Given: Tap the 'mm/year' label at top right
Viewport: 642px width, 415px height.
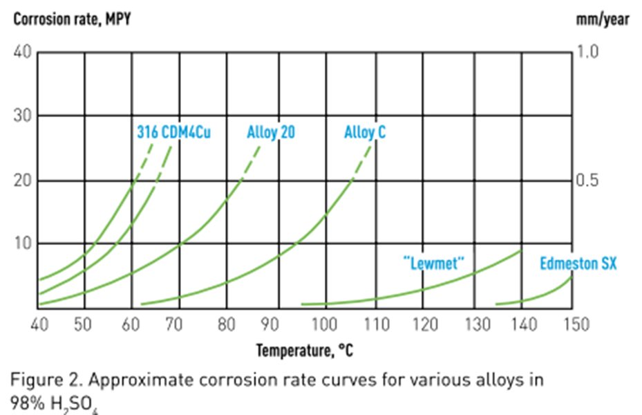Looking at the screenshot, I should coord(602,19).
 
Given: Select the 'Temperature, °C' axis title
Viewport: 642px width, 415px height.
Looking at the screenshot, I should coord(305,351).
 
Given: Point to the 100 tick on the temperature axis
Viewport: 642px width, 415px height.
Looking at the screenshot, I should coord(324,324).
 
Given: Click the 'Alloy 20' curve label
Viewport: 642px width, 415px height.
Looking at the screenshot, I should coord(271,131).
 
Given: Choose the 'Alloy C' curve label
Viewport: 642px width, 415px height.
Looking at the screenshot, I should coord(365,131).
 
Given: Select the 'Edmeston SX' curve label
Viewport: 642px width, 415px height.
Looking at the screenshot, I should coord(578,263).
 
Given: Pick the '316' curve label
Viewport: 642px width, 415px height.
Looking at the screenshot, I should coord(146,131).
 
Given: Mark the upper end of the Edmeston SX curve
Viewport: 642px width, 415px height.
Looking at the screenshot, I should coord(572,277).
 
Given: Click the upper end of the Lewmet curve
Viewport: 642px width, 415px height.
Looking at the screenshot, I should coord(520,251).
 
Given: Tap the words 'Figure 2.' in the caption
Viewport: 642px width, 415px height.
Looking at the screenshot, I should coord(37,379).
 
